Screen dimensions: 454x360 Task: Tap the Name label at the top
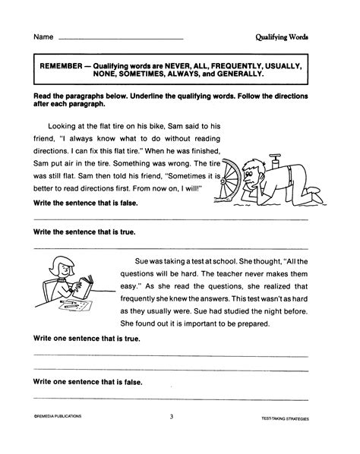pos(42,36)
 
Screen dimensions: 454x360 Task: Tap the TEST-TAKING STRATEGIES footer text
pos(289,418)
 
